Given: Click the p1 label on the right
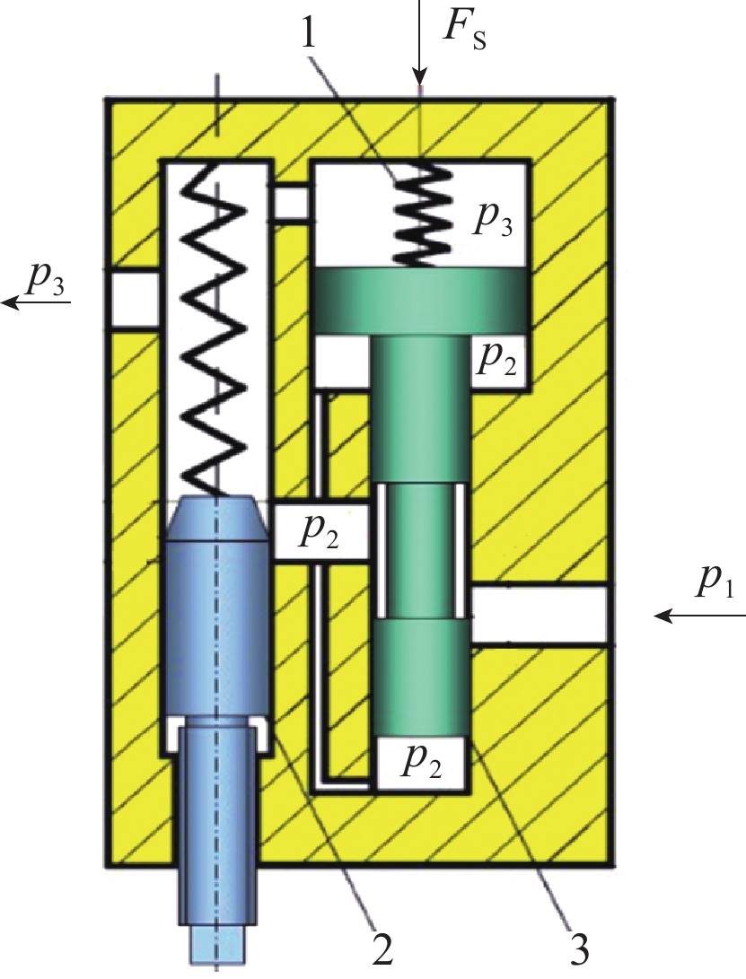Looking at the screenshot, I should [714, 584].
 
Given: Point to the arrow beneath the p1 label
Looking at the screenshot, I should [700, 616].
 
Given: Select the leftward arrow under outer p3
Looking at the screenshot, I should [36, 303].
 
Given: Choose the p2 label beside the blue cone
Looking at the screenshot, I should [320, 532].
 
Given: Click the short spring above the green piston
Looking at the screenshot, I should [420, 214].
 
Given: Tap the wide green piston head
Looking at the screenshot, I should [421, 300].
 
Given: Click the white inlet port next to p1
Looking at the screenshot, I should [539, 615].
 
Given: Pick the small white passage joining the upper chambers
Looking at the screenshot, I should [290, 202].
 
